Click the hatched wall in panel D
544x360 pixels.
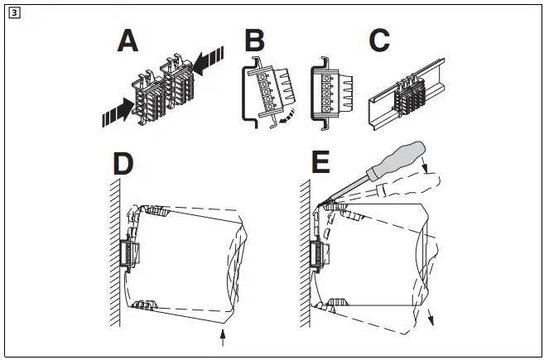click(116, 248)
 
